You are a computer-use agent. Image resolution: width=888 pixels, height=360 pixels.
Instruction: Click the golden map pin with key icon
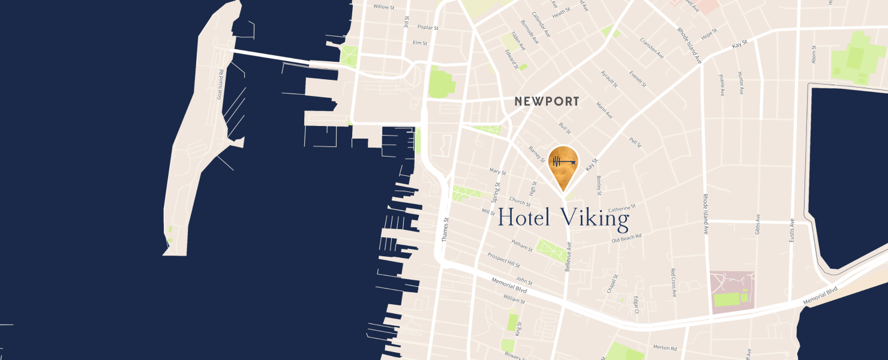click(x=563, y=165)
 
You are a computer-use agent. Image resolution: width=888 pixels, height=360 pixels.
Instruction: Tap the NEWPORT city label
click(x=547, y=101)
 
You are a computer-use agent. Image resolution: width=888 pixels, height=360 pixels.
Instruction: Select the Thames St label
click(x=445, y=229)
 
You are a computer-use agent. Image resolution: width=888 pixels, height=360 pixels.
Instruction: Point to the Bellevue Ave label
click(x=568, y=257)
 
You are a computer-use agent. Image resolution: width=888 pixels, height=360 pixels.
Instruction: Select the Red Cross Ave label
click(x=673, y=283)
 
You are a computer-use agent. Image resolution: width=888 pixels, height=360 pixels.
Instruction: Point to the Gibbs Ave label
click(x=758, y=224)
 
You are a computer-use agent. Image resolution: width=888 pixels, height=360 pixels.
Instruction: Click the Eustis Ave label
click(x=792, y=230)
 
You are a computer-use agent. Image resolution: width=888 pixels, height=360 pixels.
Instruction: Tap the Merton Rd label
click(x=665, y=348)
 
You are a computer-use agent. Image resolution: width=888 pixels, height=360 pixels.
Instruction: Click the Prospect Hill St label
click(x=503, y=260)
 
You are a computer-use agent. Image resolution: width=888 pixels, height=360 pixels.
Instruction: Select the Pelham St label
click(x=522, y=247)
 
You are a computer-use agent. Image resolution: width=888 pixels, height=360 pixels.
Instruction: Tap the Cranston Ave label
click(x=652, y=48)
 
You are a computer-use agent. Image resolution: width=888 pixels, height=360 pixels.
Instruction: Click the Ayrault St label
click(x=609, y=79)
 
